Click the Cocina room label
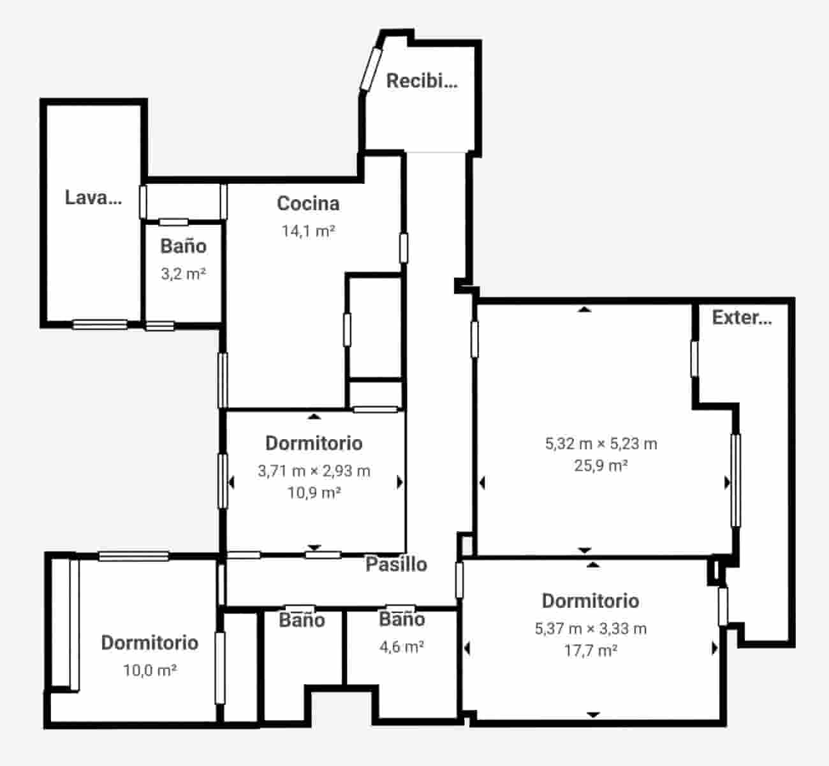click(308, 204)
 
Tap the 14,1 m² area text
click(309, 231)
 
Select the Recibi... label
click(422, 81)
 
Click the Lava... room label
click(93, 197)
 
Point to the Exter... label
click(742, 317)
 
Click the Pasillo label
click(396, 564)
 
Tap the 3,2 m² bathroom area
click(183, 274)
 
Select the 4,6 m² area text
click(402, 647)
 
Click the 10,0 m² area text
click(150, 670)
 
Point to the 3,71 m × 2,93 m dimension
click(314, 471)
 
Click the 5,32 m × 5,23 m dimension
click(601, 444)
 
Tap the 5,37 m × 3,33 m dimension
click(591, 629)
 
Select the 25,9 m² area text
click(601, 465)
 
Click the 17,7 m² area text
click(591, 650)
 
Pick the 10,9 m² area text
click(314, 493)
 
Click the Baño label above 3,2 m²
click(183, 246)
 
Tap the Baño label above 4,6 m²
click(402, 619)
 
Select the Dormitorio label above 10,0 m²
click(150, 643)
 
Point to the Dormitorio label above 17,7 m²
click(591, 601)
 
